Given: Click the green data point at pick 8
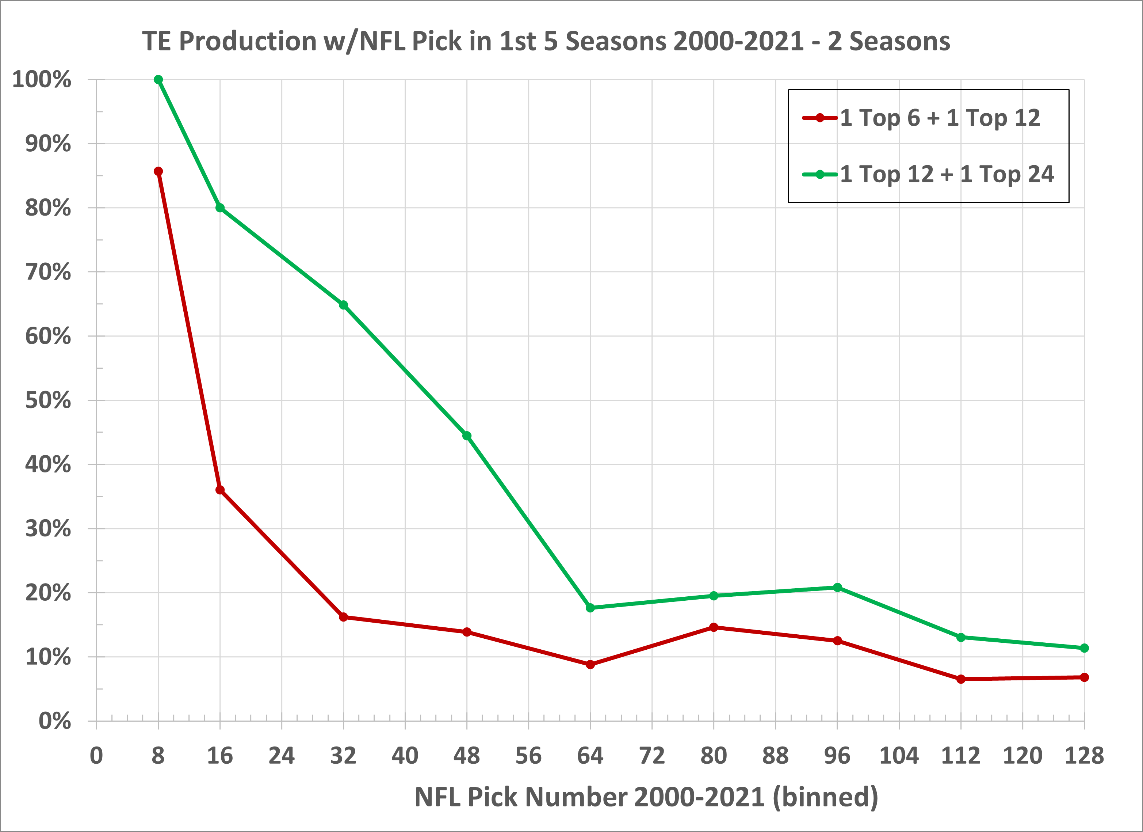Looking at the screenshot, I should coord(158,80).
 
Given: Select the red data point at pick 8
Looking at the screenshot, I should coord(158,171).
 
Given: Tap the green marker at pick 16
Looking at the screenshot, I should coord(220,208).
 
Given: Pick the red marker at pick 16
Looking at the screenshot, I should coord(220,490).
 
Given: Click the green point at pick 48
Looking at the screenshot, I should coord(467,436).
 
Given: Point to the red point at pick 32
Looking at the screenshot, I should coord(344,617).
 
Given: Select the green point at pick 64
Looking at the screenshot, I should coord(590,608).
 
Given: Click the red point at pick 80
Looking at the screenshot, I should coord(714,627).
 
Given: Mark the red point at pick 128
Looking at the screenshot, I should coord(1085,677).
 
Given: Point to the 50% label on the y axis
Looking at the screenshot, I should coord(48,400).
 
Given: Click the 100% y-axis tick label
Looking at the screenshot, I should coord(42,80).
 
